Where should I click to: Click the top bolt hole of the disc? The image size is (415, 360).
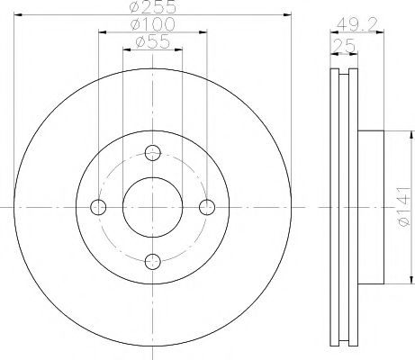[153, 151]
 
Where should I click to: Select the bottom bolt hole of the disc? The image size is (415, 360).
[153, 261]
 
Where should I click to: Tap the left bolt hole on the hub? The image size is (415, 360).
[98, 207]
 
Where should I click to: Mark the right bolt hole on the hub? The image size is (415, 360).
[208, 207]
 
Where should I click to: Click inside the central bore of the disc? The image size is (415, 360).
[153, 206]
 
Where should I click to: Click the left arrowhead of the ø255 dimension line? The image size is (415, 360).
[19, 15]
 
